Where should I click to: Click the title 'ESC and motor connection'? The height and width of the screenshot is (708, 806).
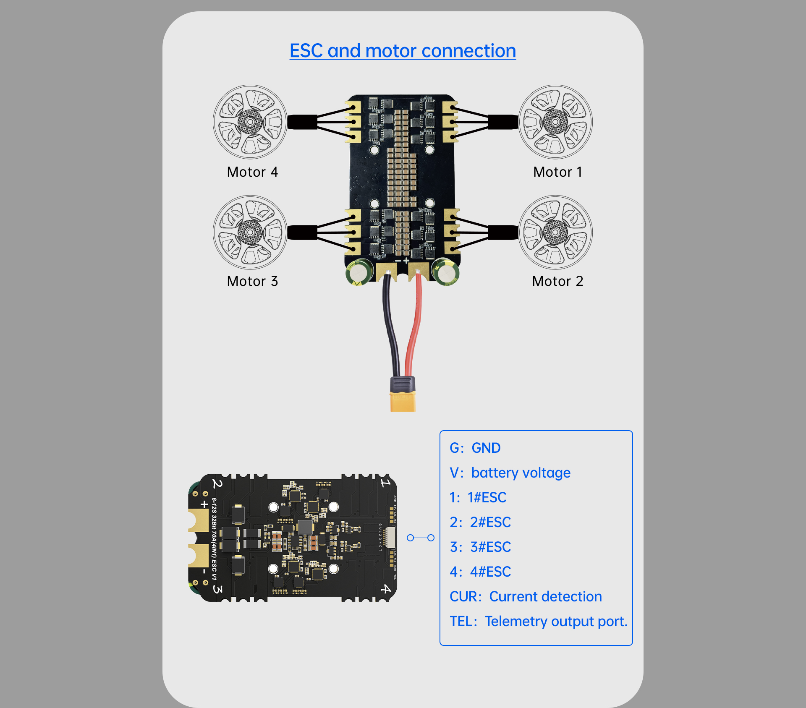[x=403, y=51]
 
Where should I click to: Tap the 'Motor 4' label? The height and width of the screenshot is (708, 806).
[x=252, y=172]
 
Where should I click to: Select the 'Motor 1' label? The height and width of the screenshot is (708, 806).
[x=557, y=172]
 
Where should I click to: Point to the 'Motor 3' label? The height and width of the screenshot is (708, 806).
[x=252, y=281]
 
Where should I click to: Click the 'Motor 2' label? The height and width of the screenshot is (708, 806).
[x=557, y=281]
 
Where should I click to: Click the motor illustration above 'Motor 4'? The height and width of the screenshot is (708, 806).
[x=250, y=122]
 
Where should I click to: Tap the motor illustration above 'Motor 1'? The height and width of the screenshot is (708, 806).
[x=555, y=122]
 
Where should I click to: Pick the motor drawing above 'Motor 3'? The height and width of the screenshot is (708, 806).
[x=250, y=232]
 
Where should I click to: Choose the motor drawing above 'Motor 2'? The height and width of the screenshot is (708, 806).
[x=555, y=232]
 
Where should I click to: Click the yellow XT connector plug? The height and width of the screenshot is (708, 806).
[x=403, y=401]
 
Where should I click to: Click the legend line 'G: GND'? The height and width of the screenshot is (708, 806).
[x=475, y=448]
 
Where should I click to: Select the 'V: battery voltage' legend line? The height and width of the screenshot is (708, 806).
[x=510, y=473]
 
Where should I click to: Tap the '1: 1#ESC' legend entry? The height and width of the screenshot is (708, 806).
[x=478, y=497]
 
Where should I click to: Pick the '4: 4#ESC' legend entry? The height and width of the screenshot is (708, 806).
[x=480, y=572]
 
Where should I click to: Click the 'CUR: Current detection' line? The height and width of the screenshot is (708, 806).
[x=525, y=596]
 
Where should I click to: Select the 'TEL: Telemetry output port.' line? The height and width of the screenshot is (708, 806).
[x=538, y=621]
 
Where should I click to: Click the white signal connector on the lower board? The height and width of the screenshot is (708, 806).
[x=390, y=538]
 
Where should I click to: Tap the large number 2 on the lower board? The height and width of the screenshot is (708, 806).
[x=217, y=484]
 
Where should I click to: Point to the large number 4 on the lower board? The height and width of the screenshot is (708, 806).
[x=385, y=589]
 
